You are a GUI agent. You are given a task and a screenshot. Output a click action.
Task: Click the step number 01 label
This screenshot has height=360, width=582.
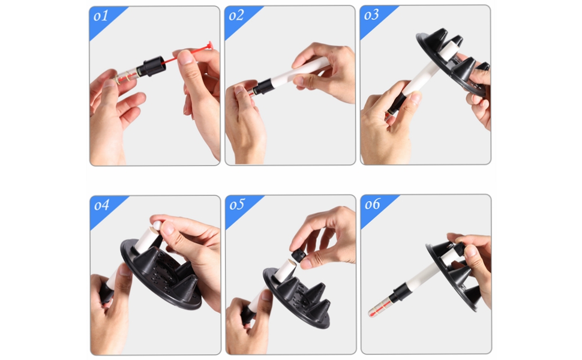(101, 16)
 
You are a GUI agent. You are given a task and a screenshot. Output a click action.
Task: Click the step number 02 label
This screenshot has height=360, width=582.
(236, 16)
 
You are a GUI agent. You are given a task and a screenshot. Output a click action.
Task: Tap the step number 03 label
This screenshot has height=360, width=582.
(371, 15)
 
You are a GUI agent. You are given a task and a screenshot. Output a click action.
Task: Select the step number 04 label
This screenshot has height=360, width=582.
(102, 205)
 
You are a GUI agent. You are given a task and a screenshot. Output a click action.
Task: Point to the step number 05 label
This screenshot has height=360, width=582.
(237, 205)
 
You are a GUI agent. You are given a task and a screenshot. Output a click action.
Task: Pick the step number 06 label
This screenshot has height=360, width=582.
(373, 204)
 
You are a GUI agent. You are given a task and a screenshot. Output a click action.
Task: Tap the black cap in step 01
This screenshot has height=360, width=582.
(150, 67)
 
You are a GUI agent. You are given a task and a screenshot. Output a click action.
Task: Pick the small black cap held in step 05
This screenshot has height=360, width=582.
(298, 256)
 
